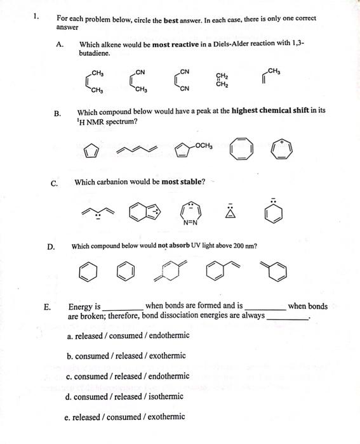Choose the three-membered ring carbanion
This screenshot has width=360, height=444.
(236, 211)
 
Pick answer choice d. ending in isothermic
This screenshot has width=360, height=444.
(124, 396)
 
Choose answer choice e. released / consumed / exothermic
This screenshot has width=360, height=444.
(125, 417)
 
